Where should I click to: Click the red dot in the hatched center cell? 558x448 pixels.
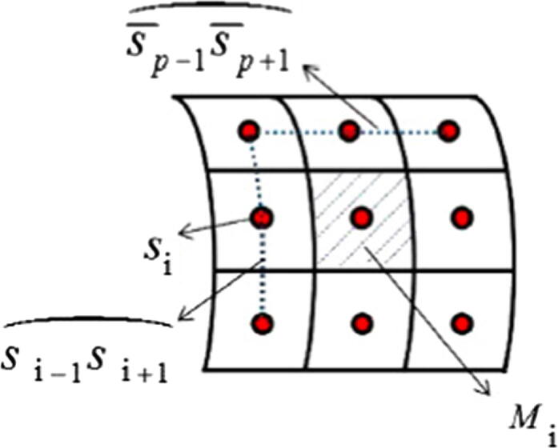[x=362, y=216]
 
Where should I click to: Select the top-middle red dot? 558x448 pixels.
[x=347, y=130]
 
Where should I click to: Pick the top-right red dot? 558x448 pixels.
[x=448, y=130]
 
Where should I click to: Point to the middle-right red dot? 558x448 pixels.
[x=460, y=216]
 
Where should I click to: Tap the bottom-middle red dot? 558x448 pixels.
[x=362, y=322]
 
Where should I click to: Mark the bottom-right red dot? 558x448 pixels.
[x=460, y=322]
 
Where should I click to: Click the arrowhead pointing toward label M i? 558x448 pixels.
[x=485, y=390]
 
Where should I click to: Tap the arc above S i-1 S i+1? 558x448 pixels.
[x=88, y=320]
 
